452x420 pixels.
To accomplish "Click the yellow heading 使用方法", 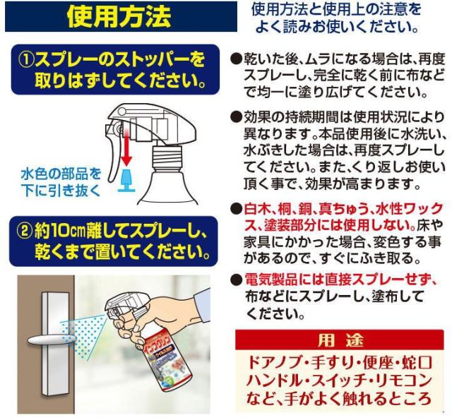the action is [119, 17].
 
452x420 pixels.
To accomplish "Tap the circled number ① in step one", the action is [26, 60].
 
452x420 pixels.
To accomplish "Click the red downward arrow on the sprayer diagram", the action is [126, 148].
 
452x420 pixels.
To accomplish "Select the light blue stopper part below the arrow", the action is [126, 181].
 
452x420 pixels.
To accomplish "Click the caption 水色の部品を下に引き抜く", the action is [61, 182].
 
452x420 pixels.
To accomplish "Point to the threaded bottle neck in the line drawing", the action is [167, 157].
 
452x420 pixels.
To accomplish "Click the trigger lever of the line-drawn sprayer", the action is [113, 162].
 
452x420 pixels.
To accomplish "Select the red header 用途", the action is [340, 340].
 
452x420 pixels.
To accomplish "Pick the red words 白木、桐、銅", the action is [277, 209].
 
